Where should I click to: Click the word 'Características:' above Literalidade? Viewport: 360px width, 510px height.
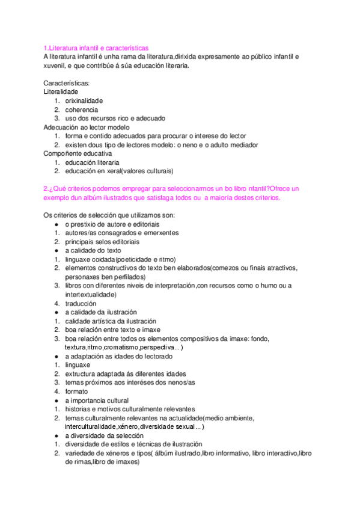coord(67,83)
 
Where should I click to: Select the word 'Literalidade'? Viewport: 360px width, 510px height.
coord(61,92)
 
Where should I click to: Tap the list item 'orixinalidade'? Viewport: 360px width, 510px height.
coord(84,101)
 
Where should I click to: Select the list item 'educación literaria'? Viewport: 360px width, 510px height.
coord(92,162)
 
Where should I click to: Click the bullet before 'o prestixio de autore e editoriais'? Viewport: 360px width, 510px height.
coord(56,224)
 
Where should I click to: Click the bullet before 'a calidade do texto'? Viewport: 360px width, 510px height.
coord(56,251)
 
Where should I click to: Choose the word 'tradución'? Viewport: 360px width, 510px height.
coord(81,304)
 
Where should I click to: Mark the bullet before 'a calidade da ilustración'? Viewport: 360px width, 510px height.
coord(56,313)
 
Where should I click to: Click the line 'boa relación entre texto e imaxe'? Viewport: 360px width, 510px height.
coord(113,330)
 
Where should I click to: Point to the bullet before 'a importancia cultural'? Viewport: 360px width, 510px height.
coord(56,401)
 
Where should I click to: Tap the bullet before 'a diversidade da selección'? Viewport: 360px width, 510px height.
coord(56,435)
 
